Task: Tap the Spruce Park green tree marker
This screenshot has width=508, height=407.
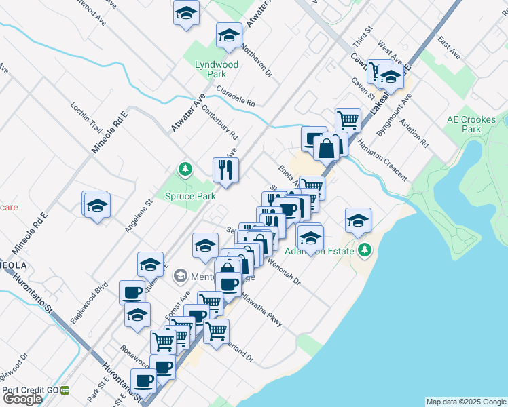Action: [183, 168]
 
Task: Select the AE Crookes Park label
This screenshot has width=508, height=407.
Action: [464, 123]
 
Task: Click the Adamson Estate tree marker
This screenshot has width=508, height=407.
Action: [365, 250]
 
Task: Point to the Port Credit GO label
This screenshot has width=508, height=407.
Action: [30, 390]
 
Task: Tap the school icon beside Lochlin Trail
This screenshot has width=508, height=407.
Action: [97, 205]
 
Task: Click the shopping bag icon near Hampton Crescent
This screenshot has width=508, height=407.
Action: [327, 147]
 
